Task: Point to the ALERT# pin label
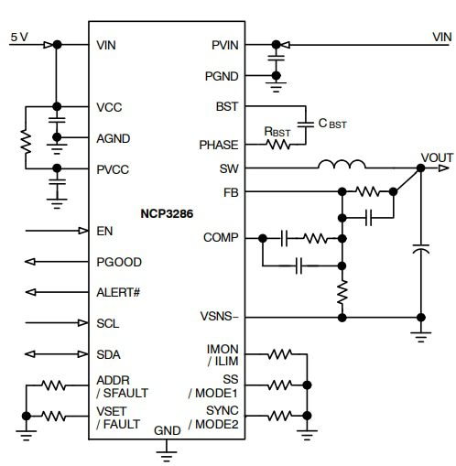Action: (118, 292)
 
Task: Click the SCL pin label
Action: (107, 323)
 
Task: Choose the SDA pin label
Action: (108, 354)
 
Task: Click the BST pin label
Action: (227, 106)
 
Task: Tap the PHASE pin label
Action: (218, 145)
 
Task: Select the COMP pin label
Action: (221, 238)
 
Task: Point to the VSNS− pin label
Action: (220, 317)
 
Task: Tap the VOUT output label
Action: (436, 156)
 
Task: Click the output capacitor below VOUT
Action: (421, 248)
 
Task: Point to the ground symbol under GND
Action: (167, 447)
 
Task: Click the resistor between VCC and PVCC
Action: (26, 140)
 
